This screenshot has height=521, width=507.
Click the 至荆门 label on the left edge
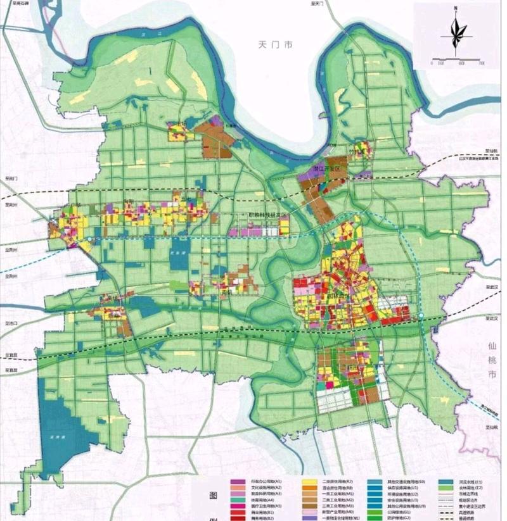click(x=10, y=179)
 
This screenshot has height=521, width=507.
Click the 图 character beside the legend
click(x=202, y=498)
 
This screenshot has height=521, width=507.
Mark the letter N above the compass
click(x=456, y=8)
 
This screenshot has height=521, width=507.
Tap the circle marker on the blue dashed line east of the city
click(x=420, y=317)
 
